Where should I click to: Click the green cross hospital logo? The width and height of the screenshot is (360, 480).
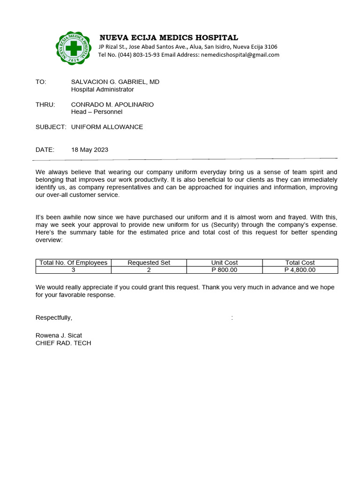[x=73, y=48]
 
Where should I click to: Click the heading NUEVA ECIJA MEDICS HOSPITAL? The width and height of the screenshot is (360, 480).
[x=168, y=37]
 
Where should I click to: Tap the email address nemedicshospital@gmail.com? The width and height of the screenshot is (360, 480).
[x=240, y=55]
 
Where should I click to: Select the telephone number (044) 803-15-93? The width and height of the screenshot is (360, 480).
[x=133, y=55]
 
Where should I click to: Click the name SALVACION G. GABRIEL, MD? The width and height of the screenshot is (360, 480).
[x=115, y=82]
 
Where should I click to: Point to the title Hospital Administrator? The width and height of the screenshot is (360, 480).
[x=102, y=90]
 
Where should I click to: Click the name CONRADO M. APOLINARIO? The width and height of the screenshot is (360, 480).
[x=112, y=105]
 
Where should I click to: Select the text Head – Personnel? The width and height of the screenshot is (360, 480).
[x=97, y=112]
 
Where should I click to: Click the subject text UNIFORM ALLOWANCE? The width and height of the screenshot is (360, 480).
[x=107, y=127]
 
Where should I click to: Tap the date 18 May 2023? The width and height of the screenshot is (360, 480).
[x=90, y=150]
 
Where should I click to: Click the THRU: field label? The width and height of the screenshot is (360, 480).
[x=45, y=105]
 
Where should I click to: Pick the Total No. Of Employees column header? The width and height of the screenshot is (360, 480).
[x=74, y=262]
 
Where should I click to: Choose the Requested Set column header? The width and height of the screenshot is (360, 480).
[x=149, y=262]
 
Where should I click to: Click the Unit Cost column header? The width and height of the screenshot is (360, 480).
[x=225, y=262]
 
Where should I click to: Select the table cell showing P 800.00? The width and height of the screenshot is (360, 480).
[x=225, y=270]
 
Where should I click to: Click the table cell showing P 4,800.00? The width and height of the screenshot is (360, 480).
[x=300, y=270]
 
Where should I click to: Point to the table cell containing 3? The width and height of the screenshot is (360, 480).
[x=74, y=270]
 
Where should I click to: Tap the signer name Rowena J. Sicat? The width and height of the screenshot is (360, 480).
[x=59, y=336]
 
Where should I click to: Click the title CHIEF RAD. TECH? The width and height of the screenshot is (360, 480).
[x=63, y=343]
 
